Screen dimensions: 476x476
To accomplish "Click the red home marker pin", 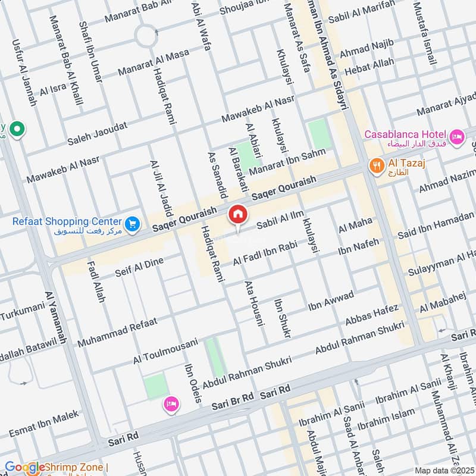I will pos(237,214).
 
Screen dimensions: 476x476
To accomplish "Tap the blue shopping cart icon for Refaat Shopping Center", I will pos(132,223).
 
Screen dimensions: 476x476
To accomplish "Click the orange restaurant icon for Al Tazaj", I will pos(375,166).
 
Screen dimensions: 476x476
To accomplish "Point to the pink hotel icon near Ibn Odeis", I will pos(171,405).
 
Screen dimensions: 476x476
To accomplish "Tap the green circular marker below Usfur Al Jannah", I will pos(18,129).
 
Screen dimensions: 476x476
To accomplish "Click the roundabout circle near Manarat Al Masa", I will pos(146,36).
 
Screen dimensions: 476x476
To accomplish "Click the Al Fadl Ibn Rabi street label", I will pos(265,253).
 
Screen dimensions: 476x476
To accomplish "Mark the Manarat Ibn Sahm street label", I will pos(287,162).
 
